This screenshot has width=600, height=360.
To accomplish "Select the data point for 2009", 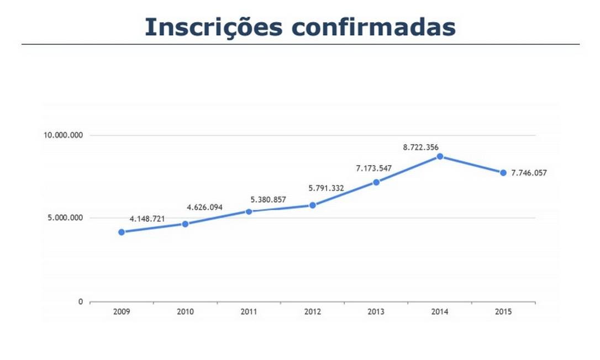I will [122, 232].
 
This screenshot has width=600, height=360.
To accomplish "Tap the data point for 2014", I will [440, 156].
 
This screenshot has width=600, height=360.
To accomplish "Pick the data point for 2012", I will [313, 205].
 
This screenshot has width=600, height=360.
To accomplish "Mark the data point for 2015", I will [503, 173].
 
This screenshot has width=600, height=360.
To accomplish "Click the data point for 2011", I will [249, 211].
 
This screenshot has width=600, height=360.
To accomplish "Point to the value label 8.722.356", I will [421, 147].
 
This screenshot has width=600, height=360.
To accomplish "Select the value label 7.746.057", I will [529, 173].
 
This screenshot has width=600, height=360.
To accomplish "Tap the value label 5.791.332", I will [326, 188].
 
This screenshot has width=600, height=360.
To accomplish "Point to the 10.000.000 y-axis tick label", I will [63, 136].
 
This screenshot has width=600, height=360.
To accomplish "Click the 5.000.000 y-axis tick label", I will [65, 218].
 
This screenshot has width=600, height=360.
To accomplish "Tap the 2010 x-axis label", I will [185, 312].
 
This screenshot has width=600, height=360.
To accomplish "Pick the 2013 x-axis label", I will [376, 312].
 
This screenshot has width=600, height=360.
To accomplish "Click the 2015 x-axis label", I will [503, 312].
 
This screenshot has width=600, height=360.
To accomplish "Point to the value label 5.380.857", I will [269, 199].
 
